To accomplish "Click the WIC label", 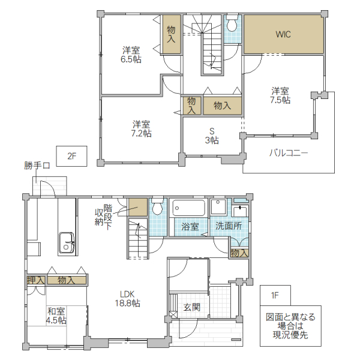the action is [x=283, y=34].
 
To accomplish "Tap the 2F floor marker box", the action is [x=72, y=156].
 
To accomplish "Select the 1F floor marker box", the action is [x=275, y=295].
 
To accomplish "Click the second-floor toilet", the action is [x=232, y=23].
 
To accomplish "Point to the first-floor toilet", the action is [x=157, y=206].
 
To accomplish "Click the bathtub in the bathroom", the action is [x=188, y=208].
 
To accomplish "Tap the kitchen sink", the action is [x=67, y=244].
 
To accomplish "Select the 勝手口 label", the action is [x=37, y=166].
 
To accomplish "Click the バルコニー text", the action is [x=289, y=153].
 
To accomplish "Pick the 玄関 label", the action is [x=192, y=307].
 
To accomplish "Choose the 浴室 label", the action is [x=190, y=227].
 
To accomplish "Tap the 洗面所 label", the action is [x=229, y=226].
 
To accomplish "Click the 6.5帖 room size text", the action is [x=131, y=59].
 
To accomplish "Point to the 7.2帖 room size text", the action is [x=141, y=133].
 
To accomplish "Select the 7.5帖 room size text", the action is [x=280, y=100].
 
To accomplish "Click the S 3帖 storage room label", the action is [x=212, y=136].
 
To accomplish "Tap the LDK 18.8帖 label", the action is [x=127, y=299].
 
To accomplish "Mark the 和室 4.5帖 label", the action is [x=56, y=316].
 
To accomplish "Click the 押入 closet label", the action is [x=36, y=280].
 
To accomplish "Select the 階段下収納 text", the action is [x=104, y=217].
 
